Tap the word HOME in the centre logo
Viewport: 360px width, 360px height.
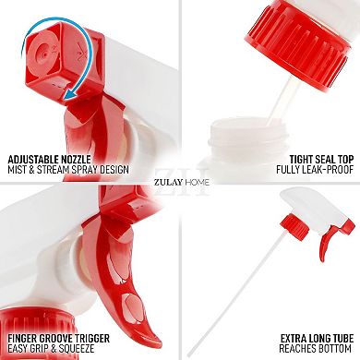(x=196, y=182)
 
